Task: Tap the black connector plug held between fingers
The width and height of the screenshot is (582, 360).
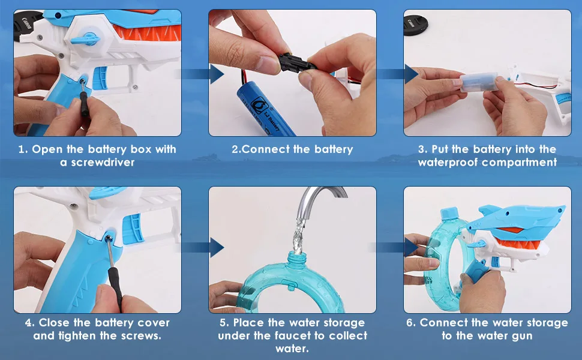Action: tap(296, 63)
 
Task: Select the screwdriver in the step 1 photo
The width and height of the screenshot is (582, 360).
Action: tap(84, 98)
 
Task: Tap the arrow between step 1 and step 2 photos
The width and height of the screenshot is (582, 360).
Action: tap(200, 74)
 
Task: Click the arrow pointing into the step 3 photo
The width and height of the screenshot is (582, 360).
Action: tap(395, 74)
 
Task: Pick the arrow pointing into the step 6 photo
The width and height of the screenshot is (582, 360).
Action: tap(394, 247)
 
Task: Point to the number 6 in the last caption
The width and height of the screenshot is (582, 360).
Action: tap(409, 323)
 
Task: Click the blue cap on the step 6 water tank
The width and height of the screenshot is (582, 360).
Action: tap(450, 214)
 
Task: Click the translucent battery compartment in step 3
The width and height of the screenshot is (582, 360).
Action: tap(479, 82)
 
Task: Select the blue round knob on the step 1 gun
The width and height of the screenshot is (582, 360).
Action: tap(88, 39)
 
